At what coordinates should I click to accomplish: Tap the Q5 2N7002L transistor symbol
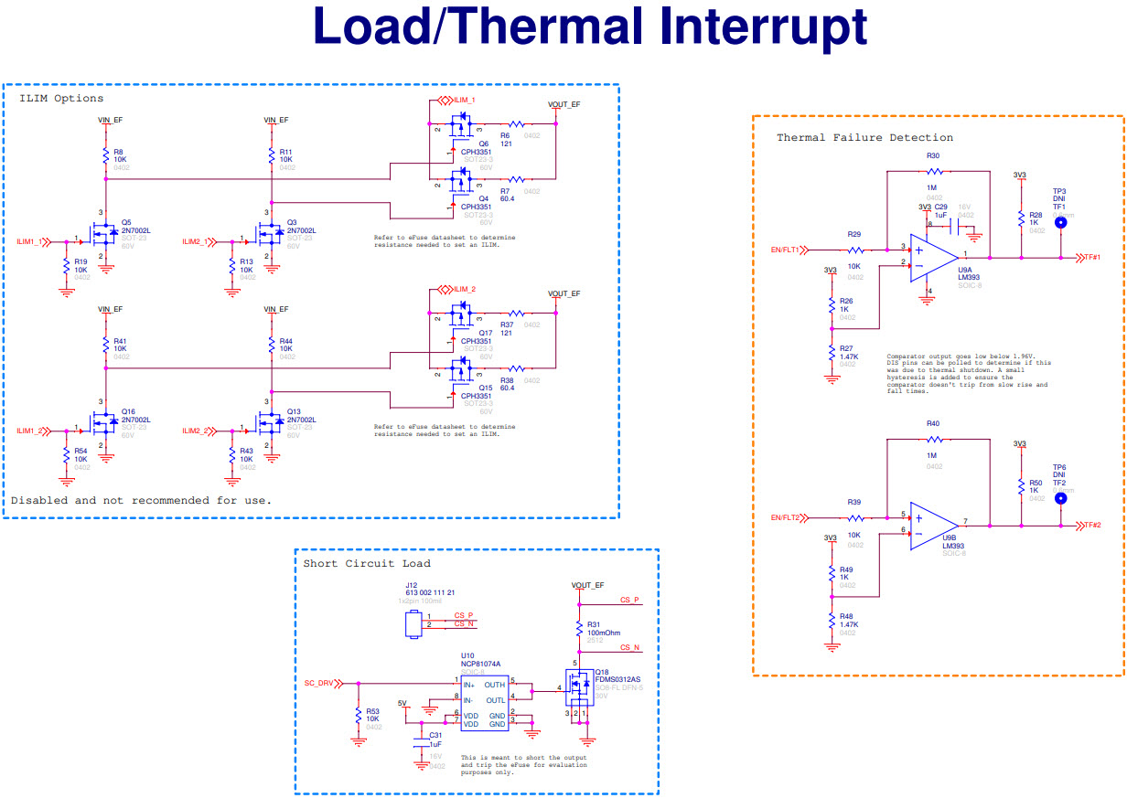pyautogui.click(x=103, y=236)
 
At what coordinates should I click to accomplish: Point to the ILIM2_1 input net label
pyautogui.click(x=195, y=241)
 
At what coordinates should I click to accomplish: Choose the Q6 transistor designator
pyautogui.click(x=484, y=144)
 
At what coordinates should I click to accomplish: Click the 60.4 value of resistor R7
pyautogui.click(x=507, y=198)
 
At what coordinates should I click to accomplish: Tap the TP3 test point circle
pyautogui.click(x=1060, y=222)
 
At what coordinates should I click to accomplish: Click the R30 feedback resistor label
pyautogui.click(x=933, y=157)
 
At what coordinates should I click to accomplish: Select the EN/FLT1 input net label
pyautogui.click(x=785, y=249)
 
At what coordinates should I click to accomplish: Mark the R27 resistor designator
pyautogui.click(x=846, y=347)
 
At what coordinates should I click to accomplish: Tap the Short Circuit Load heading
pyautogui.click(x=367, y=563)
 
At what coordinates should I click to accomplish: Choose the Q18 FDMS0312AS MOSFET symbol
pyautogui.click(x=579, y=685)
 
